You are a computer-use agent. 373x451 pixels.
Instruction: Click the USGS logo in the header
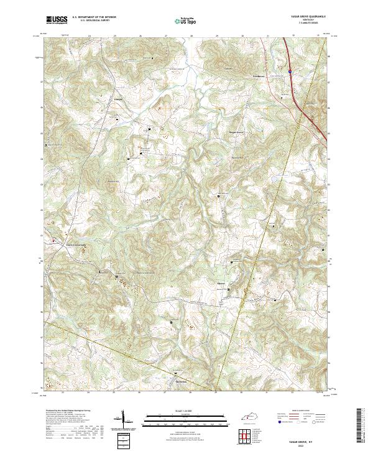pyautogui.click(x=56, y=21)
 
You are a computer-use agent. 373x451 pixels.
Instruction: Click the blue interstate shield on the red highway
pyautogui.click(x=290, y=72)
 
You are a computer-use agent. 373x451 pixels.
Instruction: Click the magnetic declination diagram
pyautogui.click(x=122, y=421)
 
